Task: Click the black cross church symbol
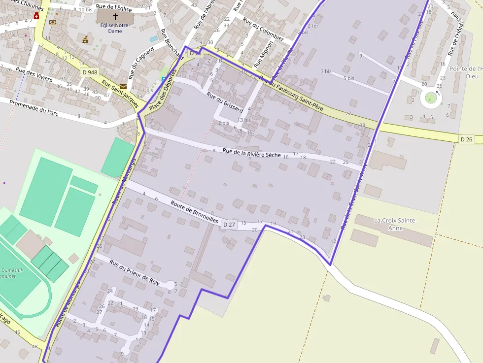pos(115,17)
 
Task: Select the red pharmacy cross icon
pos(36,16)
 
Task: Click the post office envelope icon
pos(123,86)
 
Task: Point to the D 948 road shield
pos(90,72)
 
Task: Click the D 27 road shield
pos(229,225)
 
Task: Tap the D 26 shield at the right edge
pos(466,139)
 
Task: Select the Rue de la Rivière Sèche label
pos(251,153)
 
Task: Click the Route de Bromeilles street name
pos(194,212)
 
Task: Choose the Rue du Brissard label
pos(225,101)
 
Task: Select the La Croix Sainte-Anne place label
pos(395,224)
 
